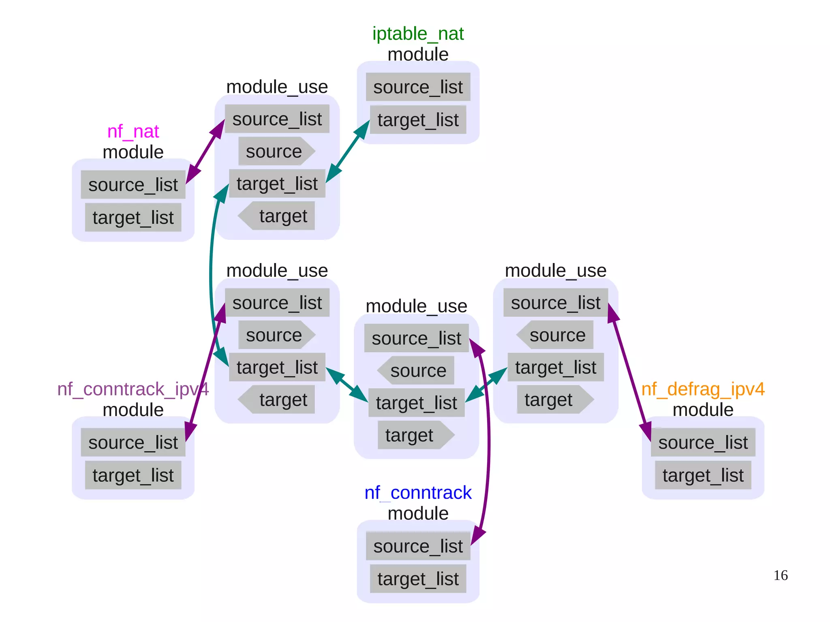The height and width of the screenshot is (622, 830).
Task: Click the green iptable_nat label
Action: (418, 34)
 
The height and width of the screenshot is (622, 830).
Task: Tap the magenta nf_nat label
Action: (133, 132)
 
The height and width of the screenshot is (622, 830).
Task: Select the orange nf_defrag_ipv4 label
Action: (703, 389)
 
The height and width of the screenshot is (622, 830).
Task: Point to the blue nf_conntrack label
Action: (418, 493)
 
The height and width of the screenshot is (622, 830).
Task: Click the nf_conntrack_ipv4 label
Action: (133, 389)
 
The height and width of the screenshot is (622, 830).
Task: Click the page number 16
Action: (780, 575)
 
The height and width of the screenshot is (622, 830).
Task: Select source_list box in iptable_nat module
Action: (418, 87)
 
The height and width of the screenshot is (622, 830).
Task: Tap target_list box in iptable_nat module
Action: (418, 120)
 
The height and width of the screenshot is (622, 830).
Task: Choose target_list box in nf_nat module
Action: (133, 218)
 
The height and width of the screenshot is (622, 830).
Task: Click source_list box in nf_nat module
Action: (133, 185)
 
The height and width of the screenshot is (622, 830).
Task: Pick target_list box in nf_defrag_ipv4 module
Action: (703, 475)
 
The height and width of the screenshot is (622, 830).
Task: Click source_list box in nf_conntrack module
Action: (418, 546)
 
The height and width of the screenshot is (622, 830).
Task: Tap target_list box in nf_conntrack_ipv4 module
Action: (133, 475)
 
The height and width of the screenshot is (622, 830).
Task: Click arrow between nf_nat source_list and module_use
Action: (205, 152)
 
